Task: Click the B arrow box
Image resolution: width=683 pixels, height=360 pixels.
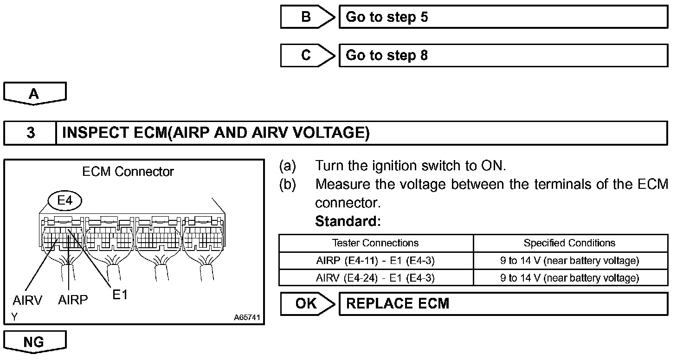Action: (306, 17)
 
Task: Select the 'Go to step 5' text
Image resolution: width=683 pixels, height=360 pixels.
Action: (387, 17)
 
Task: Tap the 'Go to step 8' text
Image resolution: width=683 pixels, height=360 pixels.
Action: (387, 56)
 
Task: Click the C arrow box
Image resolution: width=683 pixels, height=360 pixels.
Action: (306, 56)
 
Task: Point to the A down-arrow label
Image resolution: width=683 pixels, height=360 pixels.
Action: (34, 94)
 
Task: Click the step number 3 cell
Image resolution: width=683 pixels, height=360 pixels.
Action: (30, 133)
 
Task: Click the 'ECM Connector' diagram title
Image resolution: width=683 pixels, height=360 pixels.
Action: (128, 172)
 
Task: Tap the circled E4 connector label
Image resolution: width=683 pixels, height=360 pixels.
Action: (64, 201)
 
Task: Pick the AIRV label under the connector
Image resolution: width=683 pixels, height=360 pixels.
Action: (27, 301)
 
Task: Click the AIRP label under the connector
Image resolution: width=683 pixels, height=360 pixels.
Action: (73, 300)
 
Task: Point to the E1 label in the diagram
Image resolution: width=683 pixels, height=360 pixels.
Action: (120, 295)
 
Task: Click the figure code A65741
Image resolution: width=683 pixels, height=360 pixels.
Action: (247, 318)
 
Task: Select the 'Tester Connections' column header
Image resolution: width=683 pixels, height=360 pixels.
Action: (375, 243)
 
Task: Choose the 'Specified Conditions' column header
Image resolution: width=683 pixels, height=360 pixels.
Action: (569, 243)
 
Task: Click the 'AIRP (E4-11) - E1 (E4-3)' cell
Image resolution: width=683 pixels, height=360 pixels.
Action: (375, 261)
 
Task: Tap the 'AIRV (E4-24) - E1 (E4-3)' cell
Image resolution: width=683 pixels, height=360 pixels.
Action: (375, 278)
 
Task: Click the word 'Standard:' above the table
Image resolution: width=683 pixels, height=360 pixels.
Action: (348, 222)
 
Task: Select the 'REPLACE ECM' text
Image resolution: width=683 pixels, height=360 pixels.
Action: (398, 304)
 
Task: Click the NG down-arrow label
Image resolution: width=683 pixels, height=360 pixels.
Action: (34, 342)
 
